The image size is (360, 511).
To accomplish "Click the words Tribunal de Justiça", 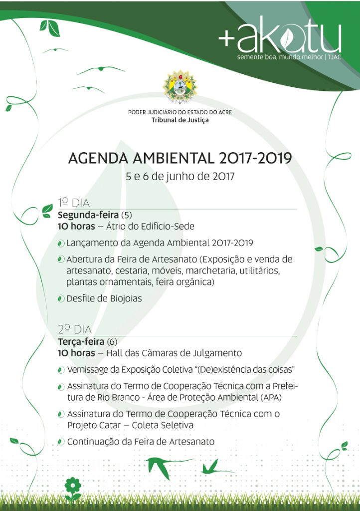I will [180, 120].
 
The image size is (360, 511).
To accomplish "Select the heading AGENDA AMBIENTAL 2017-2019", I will [180, 159].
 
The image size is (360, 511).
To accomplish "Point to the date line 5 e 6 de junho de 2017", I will [180, 176].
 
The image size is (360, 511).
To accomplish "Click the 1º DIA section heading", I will [73, 203].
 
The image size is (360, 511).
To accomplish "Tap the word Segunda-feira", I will [88, 216].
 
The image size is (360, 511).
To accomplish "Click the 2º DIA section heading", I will [75, 329].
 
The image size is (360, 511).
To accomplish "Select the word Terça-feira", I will [81, 342].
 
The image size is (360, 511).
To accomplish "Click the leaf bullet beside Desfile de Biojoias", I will [61, 299].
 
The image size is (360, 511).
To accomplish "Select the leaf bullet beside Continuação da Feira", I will [61, 442].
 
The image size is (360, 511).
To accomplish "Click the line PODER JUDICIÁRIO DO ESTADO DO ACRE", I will [180, 112].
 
